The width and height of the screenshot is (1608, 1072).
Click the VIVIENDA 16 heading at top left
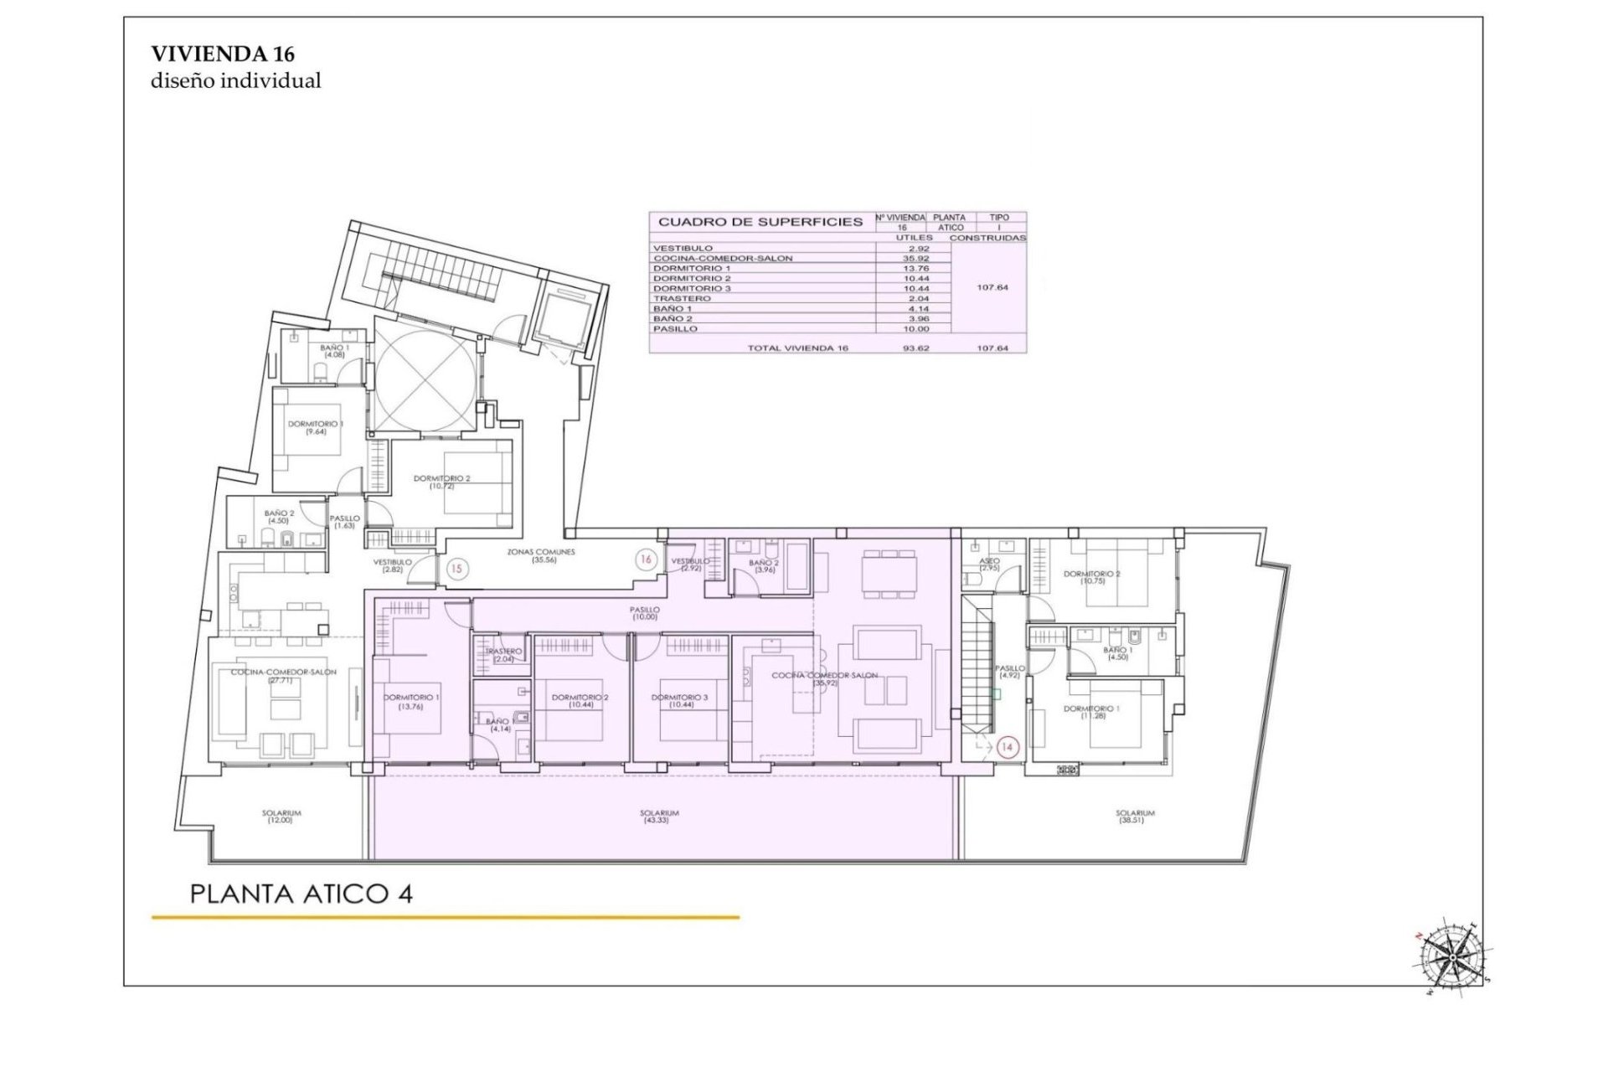(223, 54)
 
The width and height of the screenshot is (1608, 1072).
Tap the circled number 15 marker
(456, 569)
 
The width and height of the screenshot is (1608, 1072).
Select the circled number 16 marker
(646, 559)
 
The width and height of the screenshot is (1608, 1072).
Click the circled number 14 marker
(1008, 747)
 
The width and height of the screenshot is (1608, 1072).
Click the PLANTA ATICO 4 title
(301, 894)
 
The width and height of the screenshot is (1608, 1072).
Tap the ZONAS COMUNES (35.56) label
(542, 555)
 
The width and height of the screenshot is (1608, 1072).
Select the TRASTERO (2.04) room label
(502, 655)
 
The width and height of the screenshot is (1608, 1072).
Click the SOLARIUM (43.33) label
(659, 817)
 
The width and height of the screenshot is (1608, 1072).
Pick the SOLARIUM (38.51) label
(1135, 817)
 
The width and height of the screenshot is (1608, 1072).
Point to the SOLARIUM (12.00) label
(281, 817)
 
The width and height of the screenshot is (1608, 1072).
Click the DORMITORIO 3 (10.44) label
(679, 701)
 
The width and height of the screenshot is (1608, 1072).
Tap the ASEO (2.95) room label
(989, 564)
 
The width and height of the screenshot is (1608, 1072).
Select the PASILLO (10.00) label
(645, 613)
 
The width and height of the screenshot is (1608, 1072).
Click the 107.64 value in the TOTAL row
(992, 348)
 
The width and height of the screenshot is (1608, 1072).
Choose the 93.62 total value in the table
(914, 348)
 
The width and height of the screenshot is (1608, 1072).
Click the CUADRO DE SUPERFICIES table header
(760, 222)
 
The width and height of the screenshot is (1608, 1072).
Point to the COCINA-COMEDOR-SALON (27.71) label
(284, 676)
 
